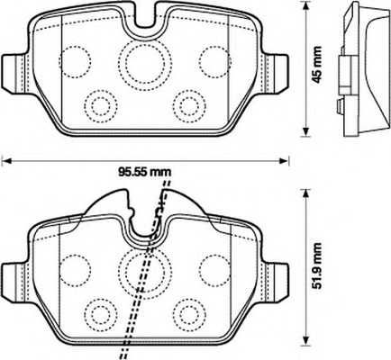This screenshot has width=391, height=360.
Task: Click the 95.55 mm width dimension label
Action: click(145, 167)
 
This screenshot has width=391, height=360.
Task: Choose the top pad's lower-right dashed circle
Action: click(188, 102)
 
